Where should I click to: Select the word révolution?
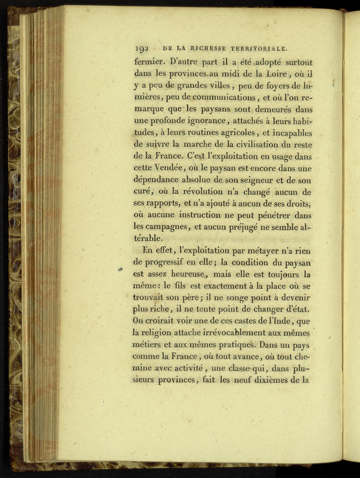pos(208,193)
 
